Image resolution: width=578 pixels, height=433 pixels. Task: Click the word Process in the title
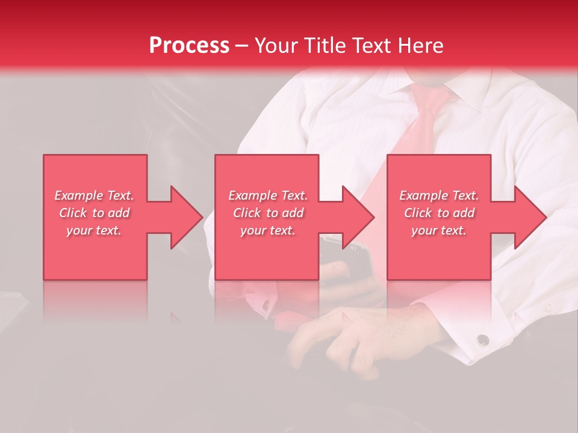coord(189,46)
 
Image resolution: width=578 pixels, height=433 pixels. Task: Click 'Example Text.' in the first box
coord(94,195)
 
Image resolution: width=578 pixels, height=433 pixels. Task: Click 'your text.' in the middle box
coord(267,230)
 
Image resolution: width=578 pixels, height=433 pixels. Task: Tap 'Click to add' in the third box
coord(439,213)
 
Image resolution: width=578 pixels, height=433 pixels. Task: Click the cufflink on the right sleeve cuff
coord(482,340)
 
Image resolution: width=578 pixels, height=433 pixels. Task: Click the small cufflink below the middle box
coord(265,306)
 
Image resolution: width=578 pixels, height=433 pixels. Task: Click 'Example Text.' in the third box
coord(439,195)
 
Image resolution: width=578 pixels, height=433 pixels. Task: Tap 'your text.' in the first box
coord(94,230)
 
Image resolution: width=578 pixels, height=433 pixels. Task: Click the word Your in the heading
coord(276,46)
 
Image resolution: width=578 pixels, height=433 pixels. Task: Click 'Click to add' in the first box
coord(94,213)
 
